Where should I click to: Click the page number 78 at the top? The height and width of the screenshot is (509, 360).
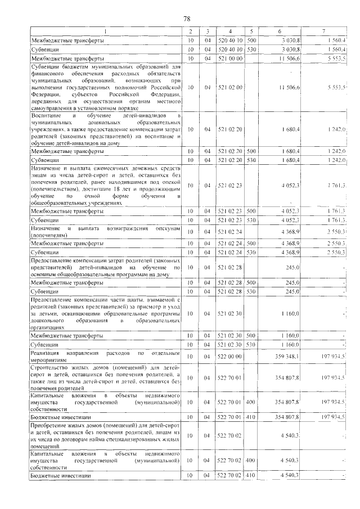[187, 19]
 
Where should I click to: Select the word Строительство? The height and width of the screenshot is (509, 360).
[55, 367]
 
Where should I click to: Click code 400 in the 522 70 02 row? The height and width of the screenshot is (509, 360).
[251, 460]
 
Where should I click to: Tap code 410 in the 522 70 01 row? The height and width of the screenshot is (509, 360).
[251, 417]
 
